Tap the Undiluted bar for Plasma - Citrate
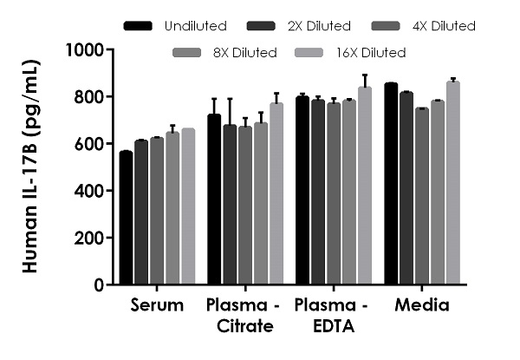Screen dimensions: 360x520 [214, 200]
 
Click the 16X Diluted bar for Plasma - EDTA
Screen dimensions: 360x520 [364, 186]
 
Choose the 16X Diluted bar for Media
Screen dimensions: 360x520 [452, 183]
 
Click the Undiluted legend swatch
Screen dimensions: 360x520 [140, 26]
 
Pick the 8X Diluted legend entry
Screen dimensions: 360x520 [228, 53]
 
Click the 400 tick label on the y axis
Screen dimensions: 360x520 [91, 191]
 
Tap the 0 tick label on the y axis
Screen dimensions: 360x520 [99, 285]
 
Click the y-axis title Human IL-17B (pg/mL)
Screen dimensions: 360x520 [29, 165]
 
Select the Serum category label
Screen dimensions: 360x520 [157, 305]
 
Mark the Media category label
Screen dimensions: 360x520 [421, 305]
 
